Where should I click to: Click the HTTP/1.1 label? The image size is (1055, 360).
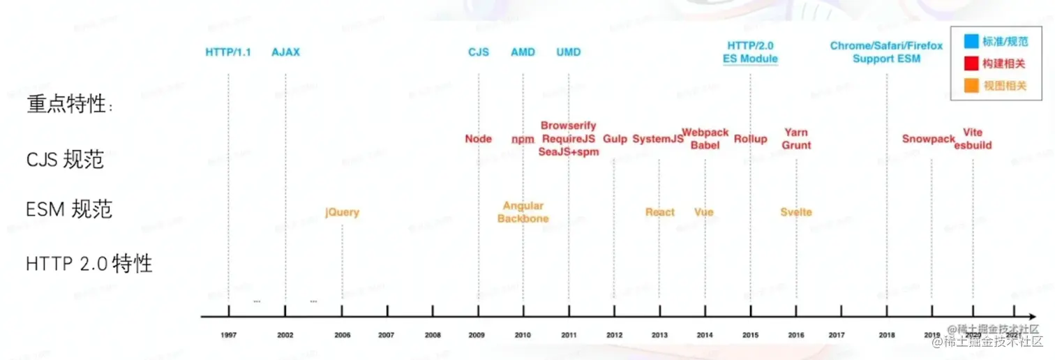228,52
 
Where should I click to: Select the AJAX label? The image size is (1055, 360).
285,52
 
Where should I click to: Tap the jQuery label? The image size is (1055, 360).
342,212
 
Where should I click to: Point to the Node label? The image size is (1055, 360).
479,139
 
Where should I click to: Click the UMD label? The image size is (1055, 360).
569,52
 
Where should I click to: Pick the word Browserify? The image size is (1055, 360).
569,126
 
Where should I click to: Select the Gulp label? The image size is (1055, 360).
615,139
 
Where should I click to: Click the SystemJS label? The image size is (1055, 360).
658,139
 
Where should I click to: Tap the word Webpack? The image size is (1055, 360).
705,133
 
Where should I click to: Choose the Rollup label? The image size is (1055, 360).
751,139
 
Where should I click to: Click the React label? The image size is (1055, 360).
660,212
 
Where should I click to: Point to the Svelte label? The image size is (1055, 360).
796,212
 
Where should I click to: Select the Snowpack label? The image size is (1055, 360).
928,139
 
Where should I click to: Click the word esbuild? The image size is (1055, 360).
973,145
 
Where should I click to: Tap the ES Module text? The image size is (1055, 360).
751,59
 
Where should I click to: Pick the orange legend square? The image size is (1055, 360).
971,86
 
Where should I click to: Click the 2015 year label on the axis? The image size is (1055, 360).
750,336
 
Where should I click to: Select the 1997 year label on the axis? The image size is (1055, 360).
228,336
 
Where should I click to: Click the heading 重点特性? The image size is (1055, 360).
69,105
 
